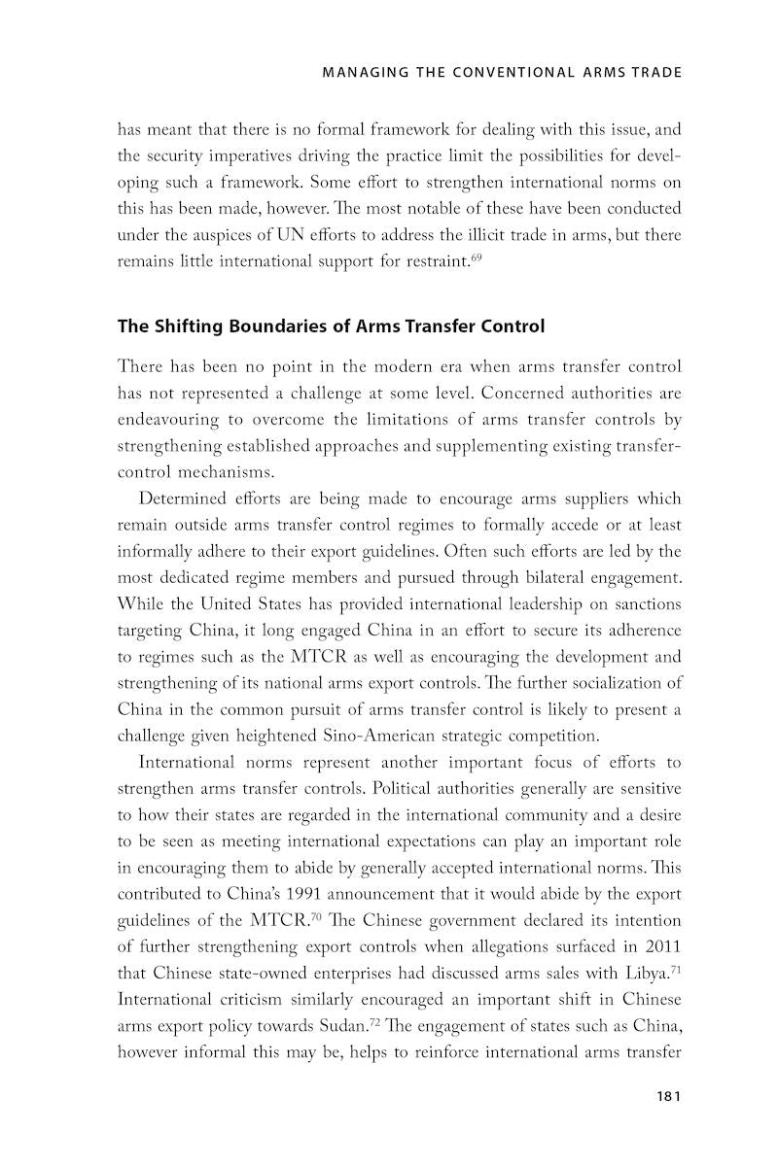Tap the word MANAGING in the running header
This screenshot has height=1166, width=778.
(365, 72)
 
